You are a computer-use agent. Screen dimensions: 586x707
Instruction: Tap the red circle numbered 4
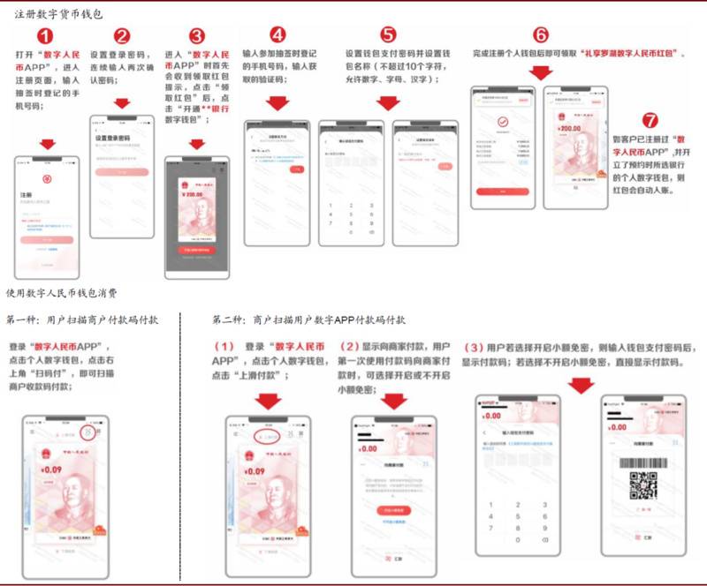tap(277, 35)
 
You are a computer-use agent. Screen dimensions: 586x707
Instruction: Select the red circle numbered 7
tap(650, 120)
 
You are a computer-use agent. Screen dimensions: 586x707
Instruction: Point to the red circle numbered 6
tap(541, 35)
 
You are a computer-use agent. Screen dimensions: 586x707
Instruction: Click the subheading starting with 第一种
tap(83, 319)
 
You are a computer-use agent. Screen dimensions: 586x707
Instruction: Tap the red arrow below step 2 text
tap(122, 103)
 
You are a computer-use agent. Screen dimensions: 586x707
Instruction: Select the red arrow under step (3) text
tap(580, 386)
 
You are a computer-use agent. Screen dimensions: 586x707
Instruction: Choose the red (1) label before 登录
tap(224, 345)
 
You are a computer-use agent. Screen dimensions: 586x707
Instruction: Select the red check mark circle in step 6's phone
tap(502, 122)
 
